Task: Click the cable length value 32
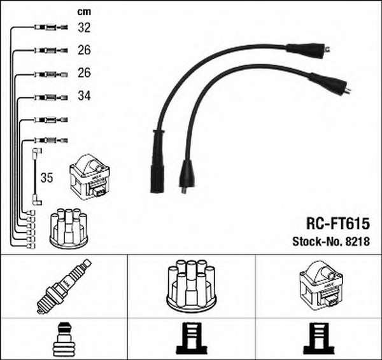(84, 27)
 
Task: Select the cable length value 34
(84, 95)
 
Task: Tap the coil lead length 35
(46, 177)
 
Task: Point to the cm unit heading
(84, 11)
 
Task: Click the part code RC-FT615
(338, 223)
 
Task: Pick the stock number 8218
(357, 242)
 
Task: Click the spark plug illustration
(64, 286)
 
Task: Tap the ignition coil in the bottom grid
(322, 285)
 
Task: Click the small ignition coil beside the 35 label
(90, 177)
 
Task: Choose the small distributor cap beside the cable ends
(69, 228)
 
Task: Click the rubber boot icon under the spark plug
(64, 340)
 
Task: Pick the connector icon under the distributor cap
(192, 338)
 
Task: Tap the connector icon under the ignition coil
(319, 338)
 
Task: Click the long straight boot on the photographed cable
(157, 162)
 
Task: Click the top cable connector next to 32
(51, 27)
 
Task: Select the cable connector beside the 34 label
(51, 97)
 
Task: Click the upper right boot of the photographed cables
(308, 51)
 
